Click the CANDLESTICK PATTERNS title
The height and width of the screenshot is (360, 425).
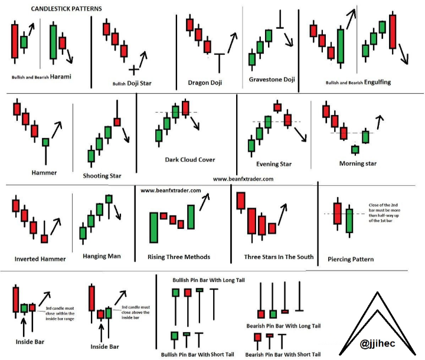point(66,9)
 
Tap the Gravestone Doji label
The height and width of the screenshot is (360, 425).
point(272,80)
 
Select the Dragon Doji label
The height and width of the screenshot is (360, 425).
point(205,83)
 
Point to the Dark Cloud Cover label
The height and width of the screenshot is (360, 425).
point(190,160)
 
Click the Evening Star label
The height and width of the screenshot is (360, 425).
point(274,164)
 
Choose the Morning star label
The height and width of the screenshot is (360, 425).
point(358,163)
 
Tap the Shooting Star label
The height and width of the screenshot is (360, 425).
point(102,176)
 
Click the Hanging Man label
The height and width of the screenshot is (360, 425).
point(102,256)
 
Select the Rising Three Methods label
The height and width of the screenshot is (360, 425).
point(179,257)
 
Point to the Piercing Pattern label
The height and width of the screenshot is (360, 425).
point(351,260)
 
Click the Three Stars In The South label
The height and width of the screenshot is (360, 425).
point(279,257)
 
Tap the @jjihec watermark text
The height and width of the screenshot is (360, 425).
point(377,343)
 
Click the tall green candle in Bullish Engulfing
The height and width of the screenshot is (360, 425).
point(341,47)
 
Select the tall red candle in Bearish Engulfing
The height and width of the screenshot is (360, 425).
point(393,32)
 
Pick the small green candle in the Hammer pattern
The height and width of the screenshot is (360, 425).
point(45,142)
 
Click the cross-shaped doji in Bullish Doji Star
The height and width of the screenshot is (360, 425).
point(133,70)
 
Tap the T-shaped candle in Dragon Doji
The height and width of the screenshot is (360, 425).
point(219,63)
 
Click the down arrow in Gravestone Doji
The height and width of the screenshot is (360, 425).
point(289,40)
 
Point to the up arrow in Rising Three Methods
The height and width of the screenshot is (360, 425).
point(205,202)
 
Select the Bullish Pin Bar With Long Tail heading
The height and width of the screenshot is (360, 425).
point(208,280)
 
